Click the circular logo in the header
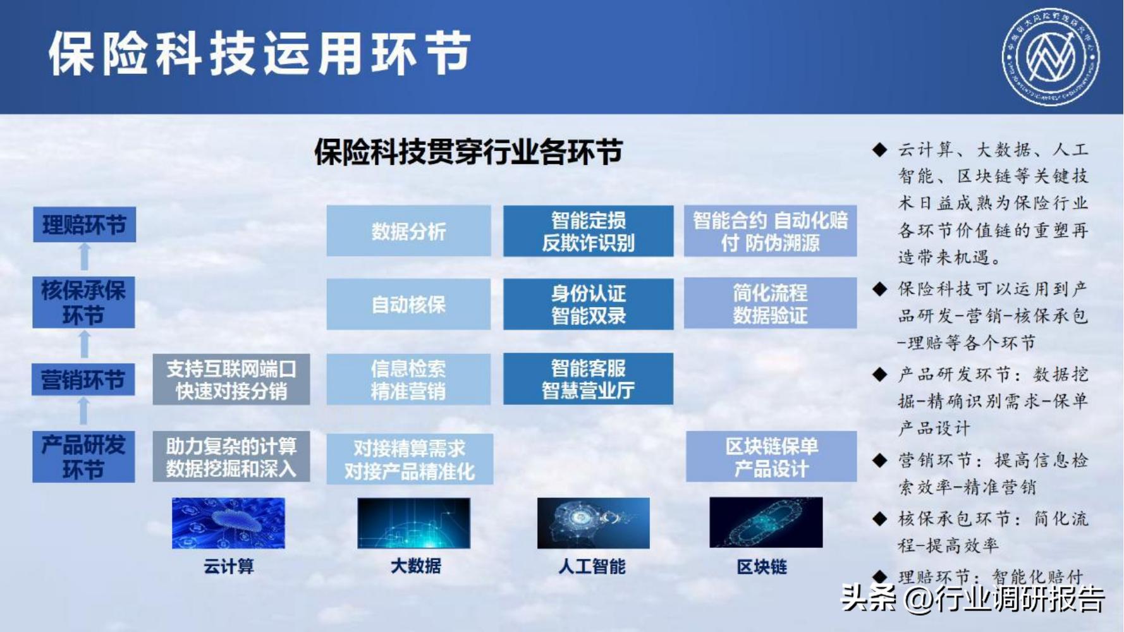[x=1050, y=57]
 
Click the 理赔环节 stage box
[x=84, y=224]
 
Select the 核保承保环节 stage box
[x=83, y=302]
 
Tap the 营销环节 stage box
[x=83, y=380]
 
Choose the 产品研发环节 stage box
[x=83, y=457]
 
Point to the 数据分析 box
[x=408, y=231]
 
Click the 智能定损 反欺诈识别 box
[x=588, y=231]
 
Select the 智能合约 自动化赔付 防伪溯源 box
[x=770, y=231]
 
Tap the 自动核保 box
[x=408, y=304]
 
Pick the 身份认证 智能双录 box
[x=588, y=304]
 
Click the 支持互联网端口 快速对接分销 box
[x=231, y=379]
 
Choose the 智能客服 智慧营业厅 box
[x=588, y=379]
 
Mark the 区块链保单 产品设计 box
[x=771, y=457]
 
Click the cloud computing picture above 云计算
[x=228, y=523]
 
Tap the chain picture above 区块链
[x=766, y=522]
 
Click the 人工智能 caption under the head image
[x=592, y=566]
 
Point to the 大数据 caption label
[x=415, y=566]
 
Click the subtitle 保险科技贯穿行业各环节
[x=468, y=152]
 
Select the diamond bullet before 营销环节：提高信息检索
[x=879, y=460]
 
